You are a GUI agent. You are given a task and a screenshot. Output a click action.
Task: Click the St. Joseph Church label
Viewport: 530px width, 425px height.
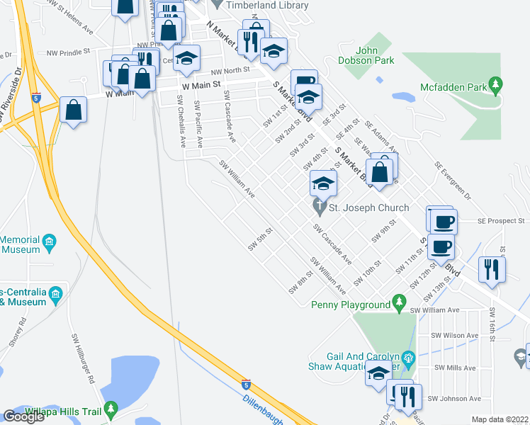click(x=368, y=208)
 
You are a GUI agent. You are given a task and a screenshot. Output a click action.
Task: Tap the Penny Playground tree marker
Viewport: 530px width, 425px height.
click(x=400, y=304)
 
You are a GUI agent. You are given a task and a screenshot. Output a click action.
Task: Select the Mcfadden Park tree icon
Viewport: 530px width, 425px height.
click(x=496, y=86)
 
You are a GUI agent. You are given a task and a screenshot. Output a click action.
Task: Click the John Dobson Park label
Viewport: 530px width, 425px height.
click(x=375, y=55)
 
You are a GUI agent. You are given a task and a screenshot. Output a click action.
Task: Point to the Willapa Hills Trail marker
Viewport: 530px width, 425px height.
click(x=110, y=409)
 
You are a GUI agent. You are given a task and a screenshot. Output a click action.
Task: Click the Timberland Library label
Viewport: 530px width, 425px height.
click(x=267, y=5)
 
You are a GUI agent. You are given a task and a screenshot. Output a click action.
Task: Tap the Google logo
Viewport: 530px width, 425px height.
click(x=23, y=416)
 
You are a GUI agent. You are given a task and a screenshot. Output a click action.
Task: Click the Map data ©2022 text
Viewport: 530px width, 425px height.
click(x=500, y=419)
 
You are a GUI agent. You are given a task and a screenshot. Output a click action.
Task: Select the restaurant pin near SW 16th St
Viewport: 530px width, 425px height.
click(x=490, y=270)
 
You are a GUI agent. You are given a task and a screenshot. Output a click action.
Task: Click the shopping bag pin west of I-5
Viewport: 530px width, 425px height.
click(x=74, y=111)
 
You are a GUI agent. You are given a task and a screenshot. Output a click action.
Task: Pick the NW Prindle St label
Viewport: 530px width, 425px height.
click(x=69, y=52)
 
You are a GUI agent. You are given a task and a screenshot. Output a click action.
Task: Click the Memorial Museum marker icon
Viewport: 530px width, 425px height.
click(x=49, y=244)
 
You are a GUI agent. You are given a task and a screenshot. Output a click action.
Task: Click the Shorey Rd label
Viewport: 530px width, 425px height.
click(x=22, y=331)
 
